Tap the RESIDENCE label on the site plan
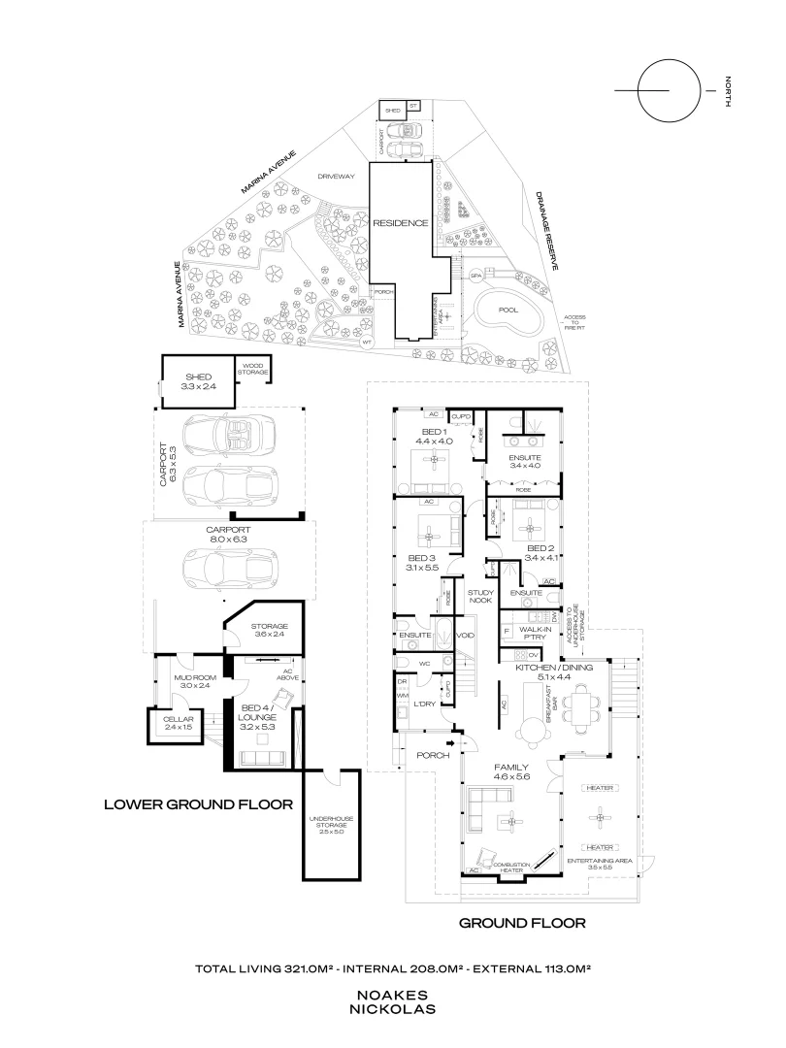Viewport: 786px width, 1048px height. [401, 223]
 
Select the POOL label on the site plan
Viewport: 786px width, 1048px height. [508, 311]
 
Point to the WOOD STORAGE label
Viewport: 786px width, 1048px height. [255, 370]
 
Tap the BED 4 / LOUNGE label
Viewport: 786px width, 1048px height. [258, 726]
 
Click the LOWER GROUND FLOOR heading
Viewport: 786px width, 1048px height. [198, 804]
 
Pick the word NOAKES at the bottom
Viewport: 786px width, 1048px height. [393, 996]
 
